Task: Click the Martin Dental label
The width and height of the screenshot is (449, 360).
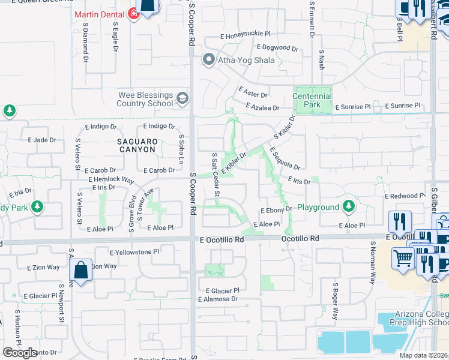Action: coord(100,14)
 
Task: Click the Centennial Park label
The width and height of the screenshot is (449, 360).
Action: coord(312,100)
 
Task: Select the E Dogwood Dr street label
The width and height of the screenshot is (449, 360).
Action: coord(277,47)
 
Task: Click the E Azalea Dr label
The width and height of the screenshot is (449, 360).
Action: coord(263,107)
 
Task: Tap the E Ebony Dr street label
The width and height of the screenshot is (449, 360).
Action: coord(276,209)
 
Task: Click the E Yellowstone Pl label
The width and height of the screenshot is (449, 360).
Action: coord(134,252)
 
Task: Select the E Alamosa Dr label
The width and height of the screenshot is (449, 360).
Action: coord(218,299)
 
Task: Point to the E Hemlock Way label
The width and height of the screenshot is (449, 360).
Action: coord(110,179)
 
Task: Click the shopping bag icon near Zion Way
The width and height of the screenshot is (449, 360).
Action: coord(81,270)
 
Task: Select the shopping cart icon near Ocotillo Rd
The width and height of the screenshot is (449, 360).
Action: coord(403,259)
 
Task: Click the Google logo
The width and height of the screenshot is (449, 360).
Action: coord(20,353)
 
